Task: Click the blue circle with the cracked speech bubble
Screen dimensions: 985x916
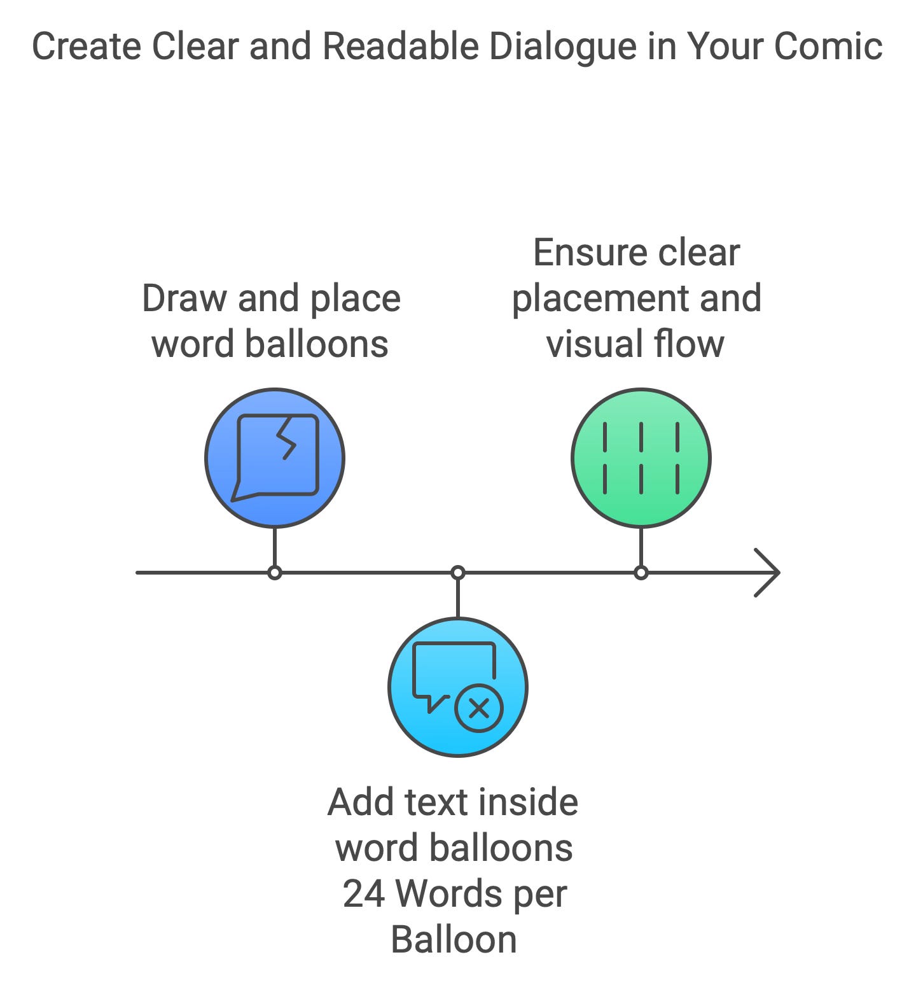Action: [275, 458]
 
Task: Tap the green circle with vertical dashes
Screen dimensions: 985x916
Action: [641, 458]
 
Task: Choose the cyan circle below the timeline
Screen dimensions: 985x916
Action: [457, 687]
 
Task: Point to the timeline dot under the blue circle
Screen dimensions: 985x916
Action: [275, 573]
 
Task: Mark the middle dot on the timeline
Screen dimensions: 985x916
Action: [457, 573]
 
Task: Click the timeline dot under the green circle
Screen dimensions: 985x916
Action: [641, 573]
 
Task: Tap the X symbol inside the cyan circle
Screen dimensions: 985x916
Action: [479, 708]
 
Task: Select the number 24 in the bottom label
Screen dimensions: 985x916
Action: [364, 894]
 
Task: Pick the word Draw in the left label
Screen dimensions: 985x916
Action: [184, 298]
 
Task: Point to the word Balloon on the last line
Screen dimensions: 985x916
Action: [454, 940]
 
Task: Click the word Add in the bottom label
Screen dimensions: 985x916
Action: [360, 802]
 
